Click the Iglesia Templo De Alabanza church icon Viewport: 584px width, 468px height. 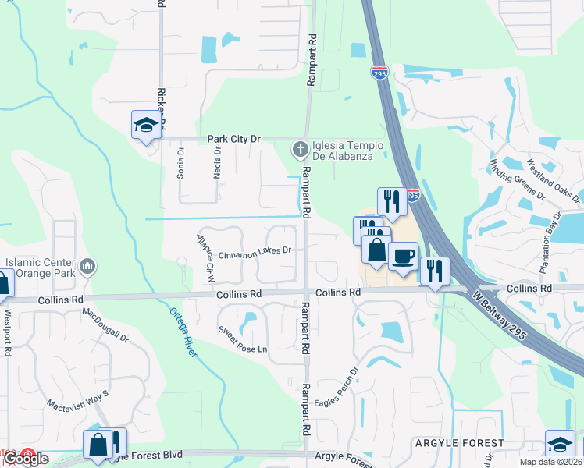(299, 148)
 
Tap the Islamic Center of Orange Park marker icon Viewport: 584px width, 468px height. (88, 267)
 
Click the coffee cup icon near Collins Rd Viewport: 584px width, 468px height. (403, 256)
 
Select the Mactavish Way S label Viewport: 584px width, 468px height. (77, 395)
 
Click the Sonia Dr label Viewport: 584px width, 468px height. (180, 163)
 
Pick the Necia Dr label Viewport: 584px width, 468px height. (217, 163)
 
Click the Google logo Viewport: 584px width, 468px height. (26, 459)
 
